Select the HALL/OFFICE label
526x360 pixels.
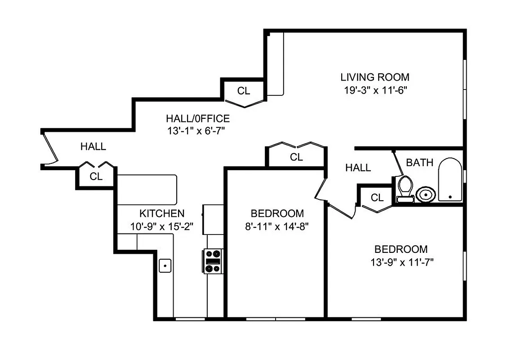coord(198,119)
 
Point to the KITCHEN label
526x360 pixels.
coord(161,213)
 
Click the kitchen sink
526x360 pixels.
coord(165,265)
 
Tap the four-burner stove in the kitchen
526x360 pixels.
coord(213,261)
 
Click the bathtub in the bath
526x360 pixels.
coord(450,180)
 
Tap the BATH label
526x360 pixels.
coord(419,162)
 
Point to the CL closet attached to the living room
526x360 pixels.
coord(244,91)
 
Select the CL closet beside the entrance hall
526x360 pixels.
coord(96,176)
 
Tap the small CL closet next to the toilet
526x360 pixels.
coord(377,198)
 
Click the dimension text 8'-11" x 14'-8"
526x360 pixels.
coord(277,225)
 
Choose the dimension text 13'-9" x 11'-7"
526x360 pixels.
coord(401,261)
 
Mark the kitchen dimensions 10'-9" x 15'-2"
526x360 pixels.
coord(161,226)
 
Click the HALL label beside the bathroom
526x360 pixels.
coord(358,168)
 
